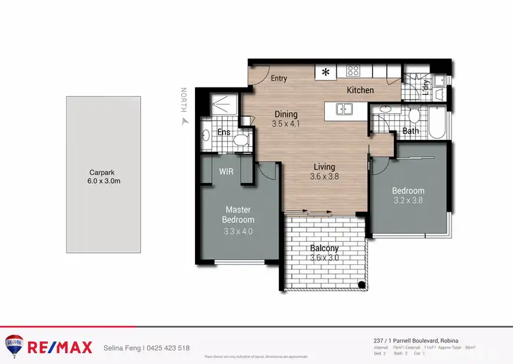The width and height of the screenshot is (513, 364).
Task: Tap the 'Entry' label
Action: tap(278, 79)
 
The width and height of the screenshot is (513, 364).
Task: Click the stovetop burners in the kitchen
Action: tap(354, 70)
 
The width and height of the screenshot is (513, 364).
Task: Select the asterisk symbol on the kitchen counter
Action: tap(326, 71)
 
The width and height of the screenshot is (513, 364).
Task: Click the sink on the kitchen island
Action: tap(345, 109)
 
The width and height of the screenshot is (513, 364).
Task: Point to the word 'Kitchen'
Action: tap(360, 90)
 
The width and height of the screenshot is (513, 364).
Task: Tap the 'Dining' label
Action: tap(286, 114)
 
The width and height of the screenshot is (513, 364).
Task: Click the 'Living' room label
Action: tap(324, 166)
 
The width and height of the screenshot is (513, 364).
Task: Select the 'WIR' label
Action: tap(226, 172)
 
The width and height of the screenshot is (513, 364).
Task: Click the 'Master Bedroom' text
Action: tap(238, 215)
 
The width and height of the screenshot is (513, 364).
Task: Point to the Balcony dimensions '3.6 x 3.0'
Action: tap(324, 257)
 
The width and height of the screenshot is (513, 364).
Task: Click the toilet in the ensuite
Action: tap(239, 140)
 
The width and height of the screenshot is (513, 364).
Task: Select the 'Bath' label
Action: tap(410, 131)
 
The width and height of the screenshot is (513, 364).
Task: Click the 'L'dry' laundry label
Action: tap(425, 85)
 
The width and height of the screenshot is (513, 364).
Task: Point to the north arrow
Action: tap(183, 121)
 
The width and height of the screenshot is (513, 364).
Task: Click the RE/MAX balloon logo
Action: tap(14, 346)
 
